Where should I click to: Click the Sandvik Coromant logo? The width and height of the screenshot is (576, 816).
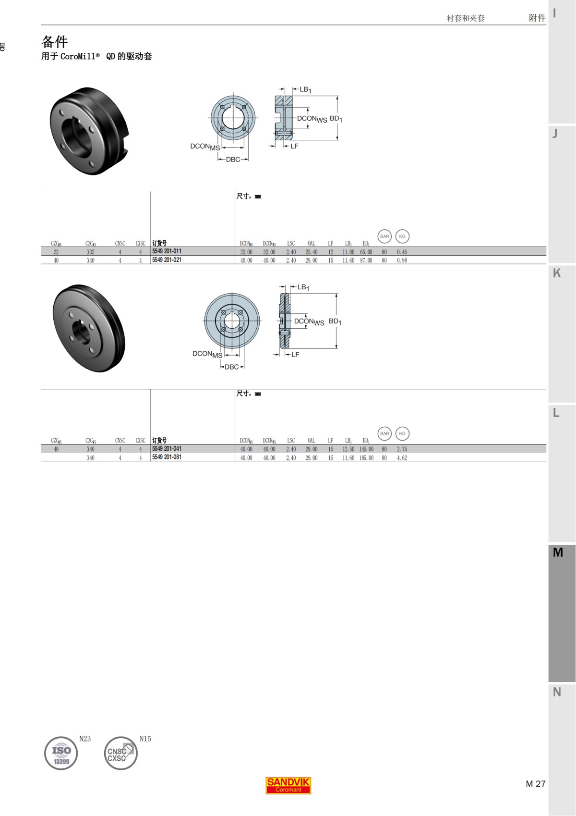[288, 785]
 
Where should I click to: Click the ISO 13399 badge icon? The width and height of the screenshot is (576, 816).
[61, 753]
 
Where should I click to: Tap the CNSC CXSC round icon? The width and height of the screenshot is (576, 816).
[120, 753]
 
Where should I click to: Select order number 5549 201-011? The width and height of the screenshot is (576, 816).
[167, 251]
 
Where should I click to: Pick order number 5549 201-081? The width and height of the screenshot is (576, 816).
[167, 457]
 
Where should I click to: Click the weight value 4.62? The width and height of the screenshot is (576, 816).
[402, 458]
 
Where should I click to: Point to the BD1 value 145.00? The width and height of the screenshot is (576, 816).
[366, 449]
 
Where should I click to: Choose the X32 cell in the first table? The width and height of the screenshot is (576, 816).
[91, 252]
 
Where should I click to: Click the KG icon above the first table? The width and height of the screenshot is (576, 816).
[402, 236]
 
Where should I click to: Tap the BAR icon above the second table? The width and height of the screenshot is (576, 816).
[384, 433]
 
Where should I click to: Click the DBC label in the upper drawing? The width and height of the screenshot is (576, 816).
[233, 160]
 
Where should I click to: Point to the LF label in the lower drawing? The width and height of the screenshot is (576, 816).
[295, 355]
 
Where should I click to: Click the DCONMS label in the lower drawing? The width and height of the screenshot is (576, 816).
[207, 354]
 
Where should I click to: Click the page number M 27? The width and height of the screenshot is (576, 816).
[535, 784]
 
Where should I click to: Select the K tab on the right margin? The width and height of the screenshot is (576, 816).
[557, 273]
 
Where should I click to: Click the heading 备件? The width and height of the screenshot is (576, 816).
[54, 41]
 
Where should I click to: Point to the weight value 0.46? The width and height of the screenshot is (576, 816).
[402, 252]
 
